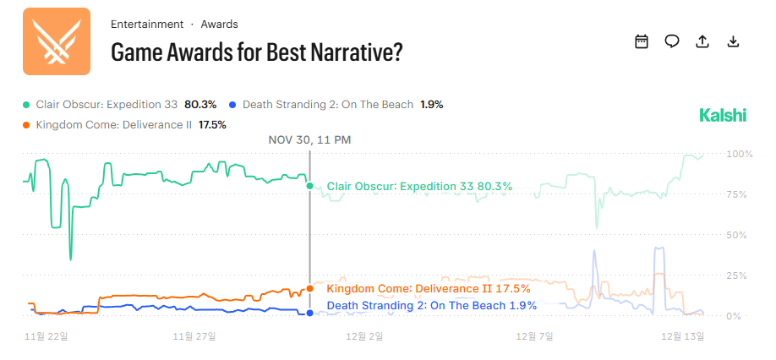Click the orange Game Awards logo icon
tap(56, 41)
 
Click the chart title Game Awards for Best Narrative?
tap(256, 52)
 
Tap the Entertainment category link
tap(147, 25)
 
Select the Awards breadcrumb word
tap(219, 25)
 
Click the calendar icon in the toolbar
tap(642, 41)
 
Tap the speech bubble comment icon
tap(672, 41)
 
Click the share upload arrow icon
tap(702, 41)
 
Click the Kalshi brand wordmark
tap(723, 116)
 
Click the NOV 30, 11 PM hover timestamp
tap(309, 140)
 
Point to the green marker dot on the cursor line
tap(310, 186)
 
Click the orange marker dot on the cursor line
tap(310, 288)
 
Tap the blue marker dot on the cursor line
tap(310, 313)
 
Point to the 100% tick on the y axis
tap(738, 155)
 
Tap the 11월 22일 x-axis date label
tap(47, 336)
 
